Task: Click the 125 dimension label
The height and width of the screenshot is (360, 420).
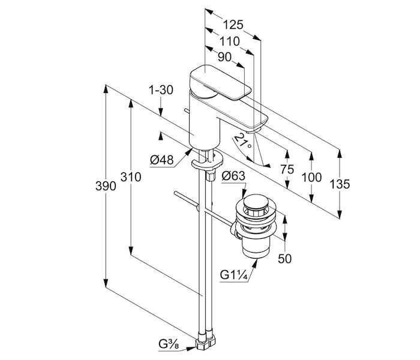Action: tap(233, 25)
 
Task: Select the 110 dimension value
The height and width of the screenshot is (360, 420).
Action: tap(230, 41)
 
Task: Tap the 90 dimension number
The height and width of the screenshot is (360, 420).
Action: tap(224, 57)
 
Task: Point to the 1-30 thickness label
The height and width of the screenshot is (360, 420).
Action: tap(161, 90)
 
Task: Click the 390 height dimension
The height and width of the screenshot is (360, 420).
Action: tap(106, 185)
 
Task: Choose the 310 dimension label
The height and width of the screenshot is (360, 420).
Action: tap(131, 177)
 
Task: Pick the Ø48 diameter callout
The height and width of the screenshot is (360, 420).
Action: tap(162, 160)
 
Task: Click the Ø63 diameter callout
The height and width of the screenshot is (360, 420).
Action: tap(233, 176)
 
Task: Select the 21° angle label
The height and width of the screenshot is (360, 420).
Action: tap(243, 141)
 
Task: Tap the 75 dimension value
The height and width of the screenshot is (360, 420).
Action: tap(287, 169)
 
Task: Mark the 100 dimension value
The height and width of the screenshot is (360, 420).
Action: tap(311, 178)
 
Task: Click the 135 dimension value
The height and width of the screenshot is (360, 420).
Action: tap(340, 184)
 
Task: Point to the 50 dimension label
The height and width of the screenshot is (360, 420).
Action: tap(285, 259)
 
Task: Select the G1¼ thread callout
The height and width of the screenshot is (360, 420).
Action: tap(233, 275)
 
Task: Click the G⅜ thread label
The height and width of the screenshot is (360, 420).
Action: tap(169, 344)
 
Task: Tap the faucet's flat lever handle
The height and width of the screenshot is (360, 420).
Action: tap(220, 83)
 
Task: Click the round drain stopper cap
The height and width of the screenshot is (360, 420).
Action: tap(255, 202)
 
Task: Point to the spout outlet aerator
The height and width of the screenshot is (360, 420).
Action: tap(253, 130)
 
